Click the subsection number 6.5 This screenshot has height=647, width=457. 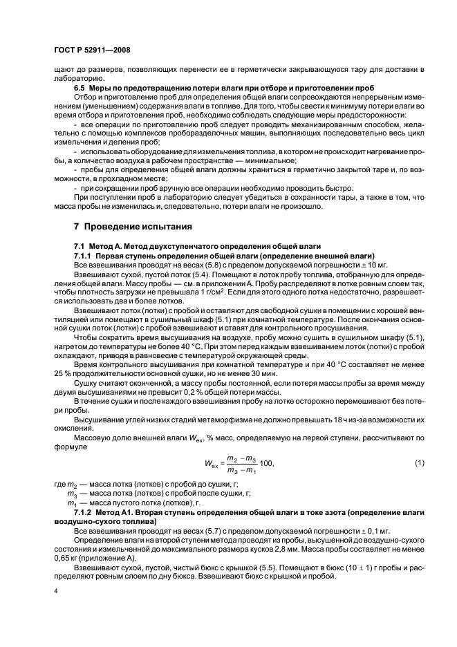[x=82, y=89]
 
